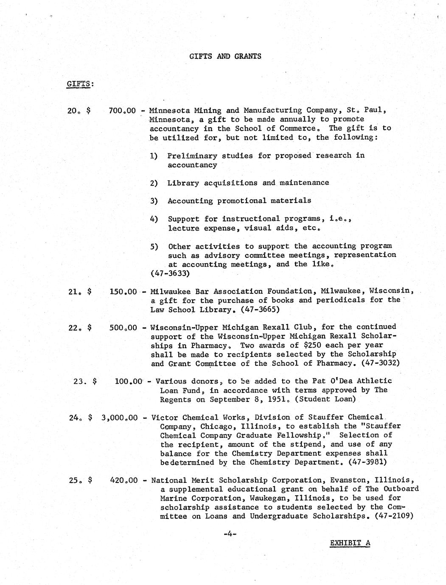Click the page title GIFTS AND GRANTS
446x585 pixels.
pos(225,56)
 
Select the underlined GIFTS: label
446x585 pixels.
pos(79,84)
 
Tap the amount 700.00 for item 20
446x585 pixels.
pos(122,111)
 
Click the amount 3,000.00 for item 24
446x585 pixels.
pos(120,418)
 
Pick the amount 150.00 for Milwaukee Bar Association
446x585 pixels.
pos(123,292)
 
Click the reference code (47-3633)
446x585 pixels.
pos(170,274)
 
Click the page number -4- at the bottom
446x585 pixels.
pos(230,535)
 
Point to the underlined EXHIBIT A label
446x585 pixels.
pos(350,543)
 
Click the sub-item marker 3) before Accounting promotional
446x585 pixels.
pos(154,201)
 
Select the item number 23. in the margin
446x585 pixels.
pos(80,381)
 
